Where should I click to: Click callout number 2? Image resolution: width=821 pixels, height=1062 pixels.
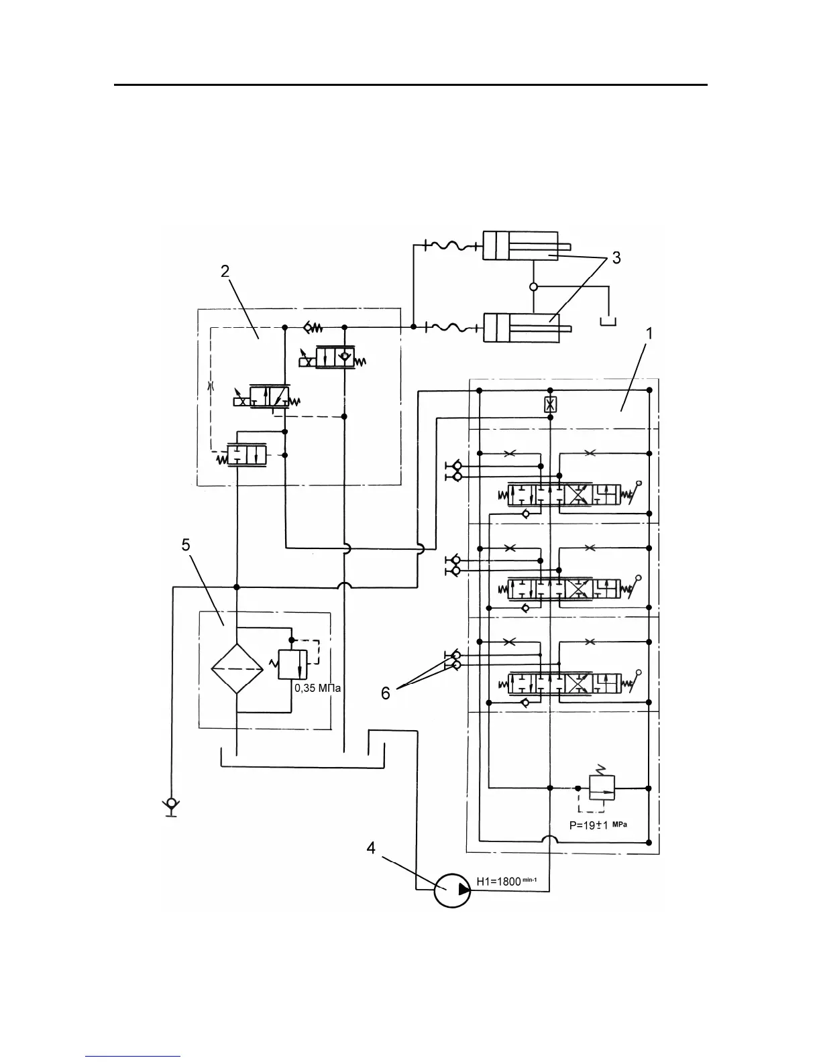click(225, 271)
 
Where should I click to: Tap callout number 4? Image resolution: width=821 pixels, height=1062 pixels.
click(370, 849)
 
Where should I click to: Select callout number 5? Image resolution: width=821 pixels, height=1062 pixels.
click(186, 545)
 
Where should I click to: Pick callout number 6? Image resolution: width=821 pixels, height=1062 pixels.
click(386, 693)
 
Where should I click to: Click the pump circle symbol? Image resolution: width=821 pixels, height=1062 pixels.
click(452, 890)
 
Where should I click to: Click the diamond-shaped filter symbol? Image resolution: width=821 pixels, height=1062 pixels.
click(237, 669)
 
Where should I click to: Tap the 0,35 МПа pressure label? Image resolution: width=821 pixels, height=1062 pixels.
click(318, 687)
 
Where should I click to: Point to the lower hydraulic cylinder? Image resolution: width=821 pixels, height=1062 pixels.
click(521, 328)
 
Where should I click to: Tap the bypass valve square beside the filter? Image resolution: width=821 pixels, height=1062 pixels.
click(292, 665)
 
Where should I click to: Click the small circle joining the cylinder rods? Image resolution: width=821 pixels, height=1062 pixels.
click(534, 287)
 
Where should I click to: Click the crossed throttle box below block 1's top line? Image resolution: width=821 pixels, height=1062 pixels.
click(550, 404)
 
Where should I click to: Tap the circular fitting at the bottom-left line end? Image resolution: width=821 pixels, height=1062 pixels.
click(172, 803)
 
